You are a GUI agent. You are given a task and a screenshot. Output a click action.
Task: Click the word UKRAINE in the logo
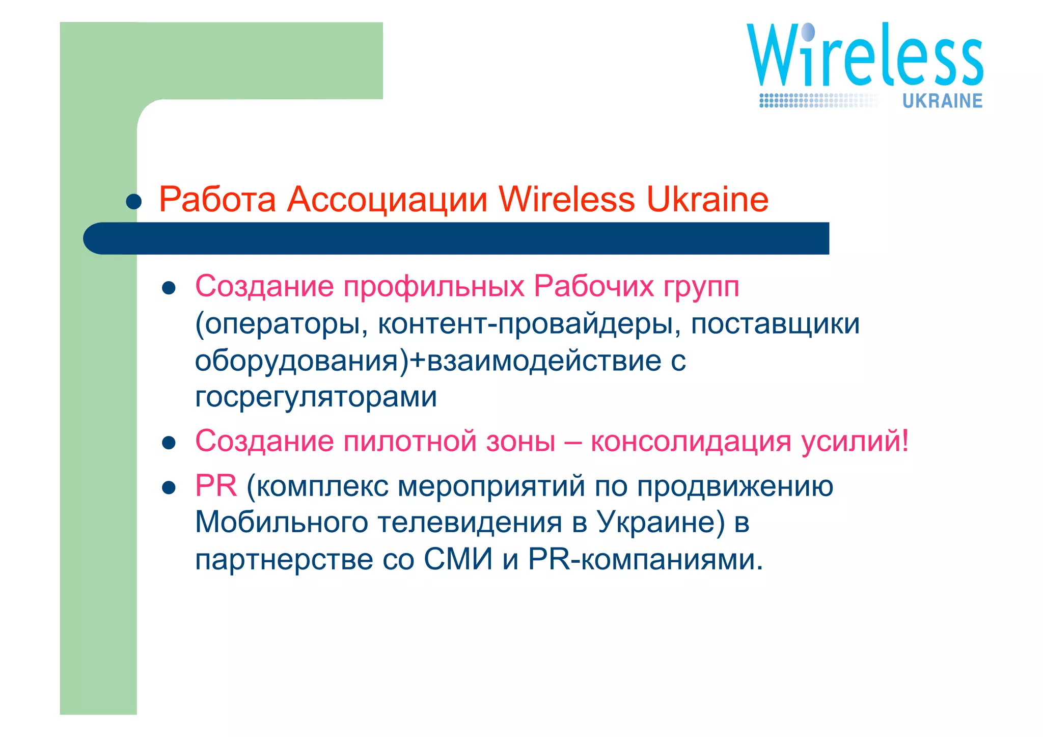point(942,101)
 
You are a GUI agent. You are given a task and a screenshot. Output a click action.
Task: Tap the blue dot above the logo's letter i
point(808,32)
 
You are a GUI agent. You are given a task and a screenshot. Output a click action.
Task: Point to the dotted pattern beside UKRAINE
point(818,100)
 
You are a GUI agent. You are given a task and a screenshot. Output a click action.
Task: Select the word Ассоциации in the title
point(387,199)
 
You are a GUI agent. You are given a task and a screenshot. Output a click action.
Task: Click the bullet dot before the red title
point(134,202)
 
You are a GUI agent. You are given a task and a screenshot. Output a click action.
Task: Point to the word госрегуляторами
point(316,397)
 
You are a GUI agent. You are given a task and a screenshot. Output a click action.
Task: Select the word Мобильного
point(281,522)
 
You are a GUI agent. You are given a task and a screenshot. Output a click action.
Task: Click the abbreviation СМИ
point(458,559)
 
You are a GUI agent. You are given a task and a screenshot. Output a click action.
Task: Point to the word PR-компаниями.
point(645,559)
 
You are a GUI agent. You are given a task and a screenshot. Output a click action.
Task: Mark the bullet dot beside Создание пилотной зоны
point(169,443)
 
